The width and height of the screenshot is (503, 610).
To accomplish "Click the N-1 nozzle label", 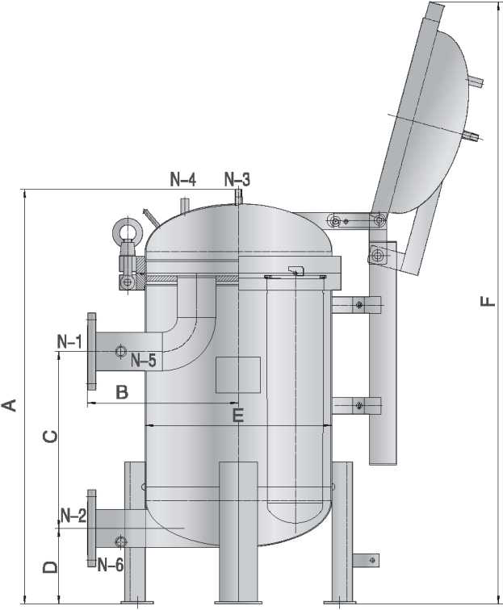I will pos(69,341).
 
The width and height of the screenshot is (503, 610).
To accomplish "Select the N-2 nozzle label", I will pos(73,516).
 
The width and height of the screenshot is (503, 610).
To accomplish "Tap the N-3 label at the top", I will pos(237,179).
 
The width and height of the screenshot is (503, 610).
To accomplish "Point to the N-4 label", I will pos(183,179).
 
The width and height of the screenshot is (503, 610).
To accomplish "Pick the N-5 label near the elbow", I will pos(143,360).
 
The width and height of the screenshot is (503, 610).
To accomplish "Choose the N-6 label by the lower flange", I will pos(111,565).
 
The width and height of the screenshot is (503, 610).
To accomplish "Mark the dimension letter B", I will pos(122,393).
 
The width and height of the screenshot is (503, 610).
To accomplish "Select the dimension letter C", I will pos(50,436).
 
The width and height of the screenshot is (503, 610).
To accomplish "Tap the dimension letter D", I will pos(50,567).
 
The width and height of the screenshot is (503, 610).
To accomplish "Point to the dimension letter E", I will pos(237,416).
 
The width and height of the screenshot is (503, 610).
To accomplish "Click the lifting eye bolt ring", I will pos(128,232).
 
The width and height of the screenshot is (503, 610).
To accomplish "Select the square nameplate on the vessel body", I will pos(238,374).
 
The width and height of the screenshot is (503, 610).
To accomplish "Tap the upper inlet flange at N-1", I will pos(91,351).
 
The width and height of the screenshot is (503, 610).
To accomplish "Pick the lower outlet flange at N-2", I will pos(91,526).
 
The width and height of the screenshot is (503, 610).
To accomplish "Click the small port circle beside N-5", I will pos(121,350).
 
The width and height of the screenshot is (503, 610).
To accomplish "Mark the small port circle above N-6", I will pos(121,541).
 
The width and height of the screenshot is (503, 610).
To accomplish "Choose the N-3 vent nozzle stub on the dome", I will pos(238,197).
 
